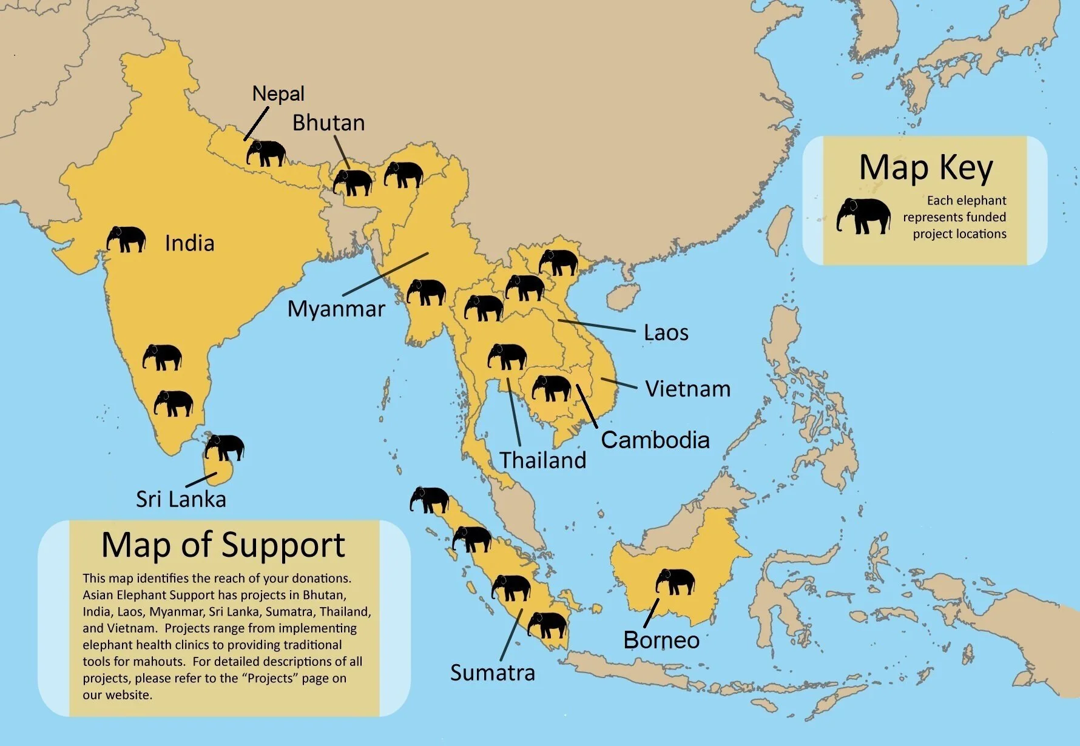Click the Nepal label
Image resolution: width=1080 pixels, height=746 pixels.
tap(278, 94)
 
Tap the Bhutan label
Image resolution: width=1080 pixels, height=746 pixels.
tap(328, 123)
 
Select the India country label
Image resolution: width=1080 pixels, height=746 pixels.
tap(189, 243)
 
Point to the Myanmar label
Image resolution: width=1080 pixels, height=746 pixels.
tap(336, 309)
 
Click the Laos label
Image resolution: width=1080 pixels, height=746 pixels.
tap(666, 333)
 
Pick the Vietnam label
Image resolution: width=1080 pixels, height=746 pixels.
tap(687, 389)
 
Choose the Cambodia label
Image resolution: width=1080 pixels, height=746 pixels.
tap(655, 440)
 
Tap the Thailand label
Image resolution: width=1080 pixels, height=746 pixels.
tap(542, 460)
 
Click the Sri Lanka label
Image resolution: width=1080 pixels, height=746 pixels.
tap(181, 499)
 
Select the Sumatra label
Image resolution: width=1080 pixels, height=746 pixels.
tap(492, 673)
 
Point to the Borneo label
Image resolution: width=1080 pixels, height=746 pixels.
tap(661, 640)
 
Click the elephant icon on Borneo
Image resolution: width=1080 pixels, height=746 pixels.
tap(675, 582)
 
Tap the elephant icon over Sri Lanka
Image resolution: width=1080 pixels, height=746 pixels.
tap(224, 448)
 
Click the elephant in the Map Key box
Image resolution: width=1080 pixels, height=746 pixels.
tap(863, 216)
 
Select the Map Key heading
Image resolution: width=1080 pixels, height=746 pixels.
tap(926, 168)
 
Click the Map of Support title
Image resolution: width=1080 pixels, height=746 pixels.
tap(223, 545)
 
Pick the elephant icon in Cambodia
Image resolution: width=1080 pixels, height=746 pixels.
tap(552, 388)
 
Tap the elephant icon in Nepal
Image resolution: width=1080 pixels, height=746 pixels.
tap(266, 153)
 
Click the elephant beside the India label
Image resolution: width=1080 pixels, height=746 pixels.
tap(126, 239)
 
